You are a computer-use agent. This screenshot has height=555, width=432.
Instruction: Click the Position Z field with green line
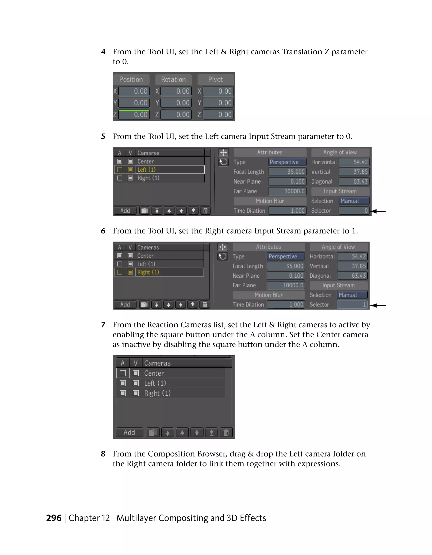(x=134, y=115)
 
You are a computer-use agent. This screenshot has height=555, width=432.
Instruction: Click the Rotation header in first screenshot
(x=173, y=79)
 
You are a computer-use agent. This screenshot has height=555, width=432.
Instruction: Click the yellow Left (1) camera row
(x=170, y=169)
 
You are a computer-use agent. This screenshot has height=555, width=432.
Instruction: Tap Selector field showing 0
(x=354, y=211)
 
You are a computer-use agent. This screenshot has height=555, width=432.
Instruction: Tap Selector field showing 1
(x=352, y=304)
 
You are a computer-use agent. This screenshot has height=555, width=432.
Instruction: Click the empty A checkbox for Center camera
(x=123, y=373)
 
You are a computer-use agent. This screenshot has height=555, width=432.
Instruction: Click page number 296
(x=54, y=518)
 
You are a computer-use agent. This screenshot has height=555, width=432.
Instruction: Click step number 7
(x=103, y=325)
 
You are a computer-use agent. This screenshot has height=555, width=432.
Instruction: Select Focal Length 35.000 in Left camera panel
(x=287, y=172)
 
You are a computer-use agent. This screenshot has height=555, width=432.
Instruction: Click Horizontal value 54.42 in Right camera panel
(x=352, y=256)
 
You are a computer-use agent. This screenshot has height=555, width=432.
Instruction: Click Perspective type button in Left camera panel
(x=287, y=162)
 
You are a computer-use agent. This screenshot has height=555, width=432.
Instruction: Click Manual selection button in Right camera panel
(x=352, y=295)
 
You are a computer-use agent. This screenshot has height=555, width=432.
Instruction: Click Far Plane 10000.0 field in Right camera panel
(x=286, y=285)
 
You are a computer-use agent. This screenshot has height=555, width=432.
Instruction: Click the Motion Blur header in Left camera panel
(x=270, y=201)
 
